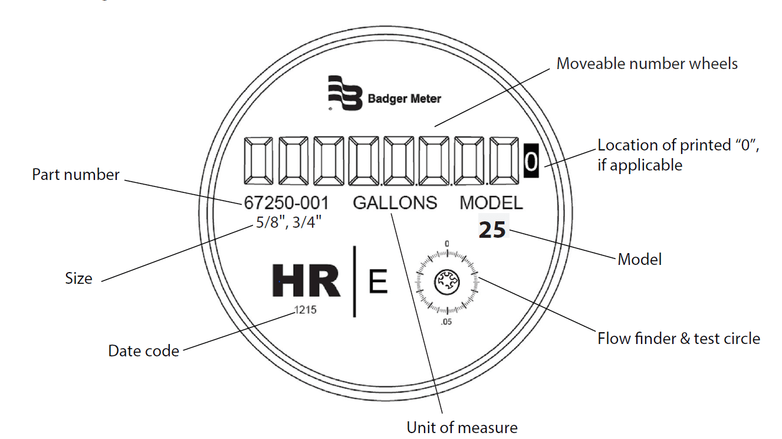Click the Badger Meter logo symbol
pyautogui.click(x=345, y=93)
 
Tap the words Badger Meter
pyautogui.click(x=404, y=99)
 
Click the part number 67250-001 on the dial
pyautogui.click(x=286, y=203)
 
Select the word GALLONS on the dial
pyautogui.click(x=395, y=203)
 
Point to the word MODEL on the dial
pyautogui.click(x=491, y=203)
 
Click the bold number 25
pyautogui.click(x=492, y=230)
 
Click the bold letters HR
pyautogui.click(x=306, y=281)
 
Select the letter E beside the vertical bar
pyautogui.click(x=378, y=282)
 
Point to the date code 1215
pyautogui.click(x=305, y=310)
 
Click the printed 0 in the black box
pyautogui.click(x=531, y=161)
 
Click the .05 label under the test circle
pyautogui.click(x=446, y=322)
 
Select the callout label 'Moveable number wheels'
pyautogui.click(x=647, y=64)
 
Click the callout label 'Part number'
pyautogui.click(x=75, y=175)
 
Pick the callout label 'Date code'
pyautogui.click(x=143, y=351)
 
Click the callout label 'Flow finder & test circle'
pyautogui.click(x=679, y=339)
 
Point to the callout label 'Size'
pyautogui.click(x=78, y=279)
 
